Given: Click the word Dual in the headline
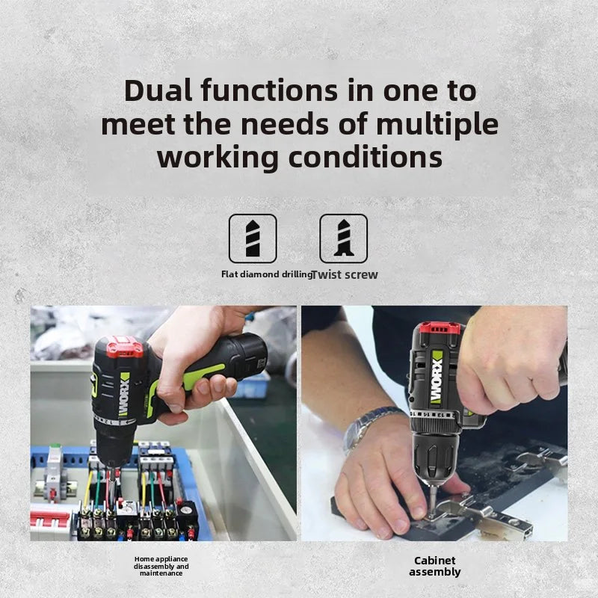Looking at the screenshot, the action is (x=158, y=90).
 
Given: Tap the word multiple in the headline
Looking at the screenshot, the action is (x=437, y=125).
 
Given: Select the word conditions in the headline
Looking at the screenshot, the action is (x=366, y=158).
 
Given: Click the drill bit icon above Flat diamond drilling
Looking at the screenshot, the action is (x=253, y=238).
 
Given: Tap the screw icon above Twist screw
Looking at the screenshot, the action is (x=344, y=238).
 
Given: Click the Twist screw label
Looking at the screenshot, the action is (x=345, y=274).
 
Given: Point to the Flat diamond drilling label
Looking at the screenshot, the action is (x=267, y=274).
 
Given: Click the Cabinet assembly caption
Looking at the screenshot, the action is (x=435, y=566).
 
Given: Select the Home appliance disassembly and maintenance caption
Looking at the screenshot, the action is (x=161, y=566).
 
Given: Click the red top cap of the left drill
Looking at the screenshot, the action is (x=123, y=347).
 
